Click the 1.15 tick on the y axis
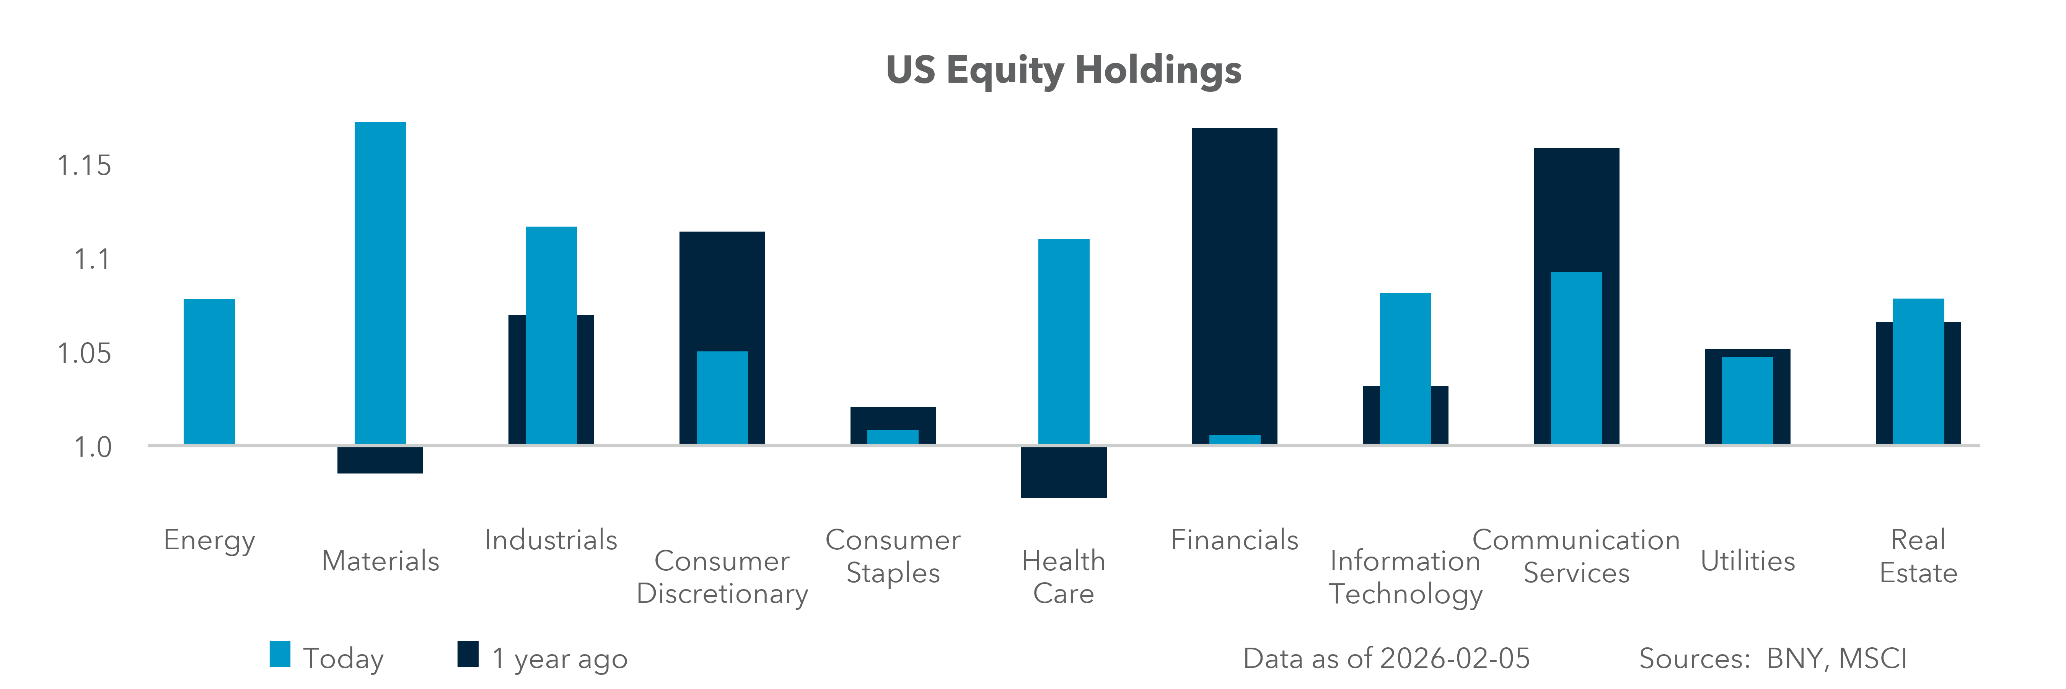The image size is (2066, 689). pyautogui.click(x=84, y=166)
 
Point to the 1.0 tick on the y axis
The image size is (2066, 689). pyautogui.click(x=92, y=447)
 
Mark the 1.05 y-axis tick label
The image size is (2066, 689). pyautogui.click(x=84, y=353)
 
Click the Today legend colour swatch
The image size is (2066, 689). pyautogui.click(x=280, y=654)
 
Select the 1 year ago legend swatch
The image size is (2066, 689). pyautogui.click(x=468, y=654)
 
